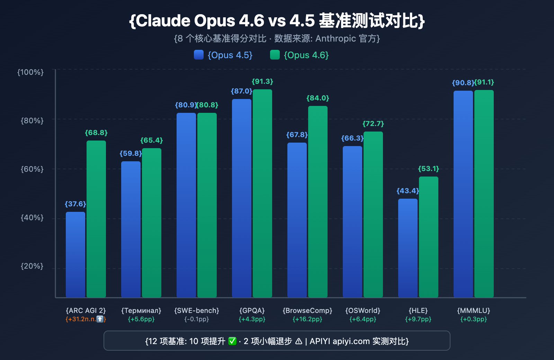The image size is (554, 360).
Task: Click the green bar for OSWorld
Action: click(x=373, y=214)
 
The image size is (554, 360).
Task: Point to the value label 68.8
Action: click(x=96, y=133)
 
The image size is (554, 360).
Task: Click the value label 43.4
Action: click(x=408, y=191)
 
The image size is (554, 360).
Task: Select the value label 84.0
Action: click(x=318, y=98)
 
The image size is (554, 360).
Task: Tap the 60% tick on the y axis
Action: click(x=32, y=169)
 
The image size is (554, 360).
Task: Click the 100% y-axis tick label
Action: click(x=31, y=72)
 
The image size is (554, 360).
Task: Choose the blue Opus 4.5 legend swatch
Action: click(x=199, y=55)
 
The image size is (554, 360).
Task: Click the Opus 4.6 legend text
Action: click(x=306, y=55)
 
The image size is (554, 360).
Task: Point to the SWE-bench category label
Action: click(x=197, y=310)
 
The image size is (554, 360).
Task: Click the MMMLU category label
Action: click(x=474, y=310)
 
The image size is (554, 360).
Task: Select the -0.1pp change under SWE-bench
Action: click(x=197, y=319)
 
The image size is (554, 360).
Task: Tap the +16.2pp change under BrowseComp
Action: click(x=307, y=319)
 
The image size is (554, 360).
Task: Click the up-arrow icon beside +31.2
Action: click(x=100, y=319)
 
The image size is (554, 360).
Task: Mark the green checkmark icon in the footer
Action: click(x=232, y=341)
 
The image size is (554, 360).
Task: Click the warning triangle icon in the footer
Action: click(x=298, y=341)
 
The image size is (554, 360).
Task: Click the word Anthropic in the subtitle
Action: click(x=336, y=38)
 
